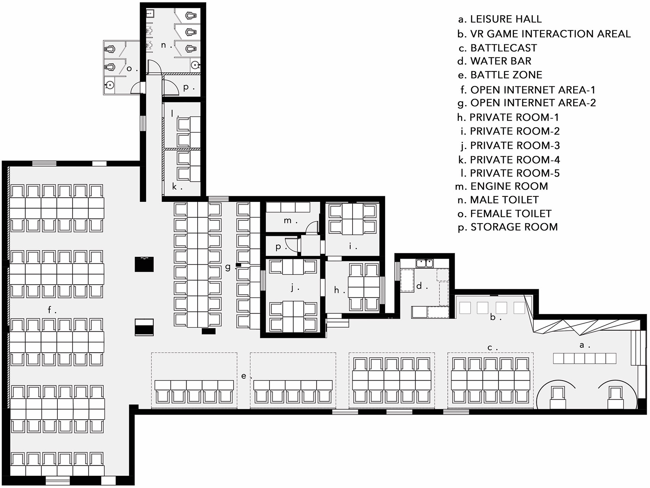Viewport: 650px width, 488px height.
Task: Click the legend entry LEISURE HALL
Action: pos(500,19)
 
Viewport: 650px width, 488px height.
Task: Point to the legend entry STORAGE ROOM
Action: pos(508,227)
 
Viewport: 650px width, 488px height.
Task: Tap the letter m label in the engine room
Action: pos(288,220)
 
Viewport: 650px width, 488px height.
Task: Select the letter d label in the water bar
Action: pos(420,285)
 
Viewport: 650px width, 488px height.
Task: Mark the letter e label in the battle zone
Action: pos(244,376)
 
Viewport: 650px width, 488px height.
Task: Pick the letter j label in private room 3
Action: pos(293,287)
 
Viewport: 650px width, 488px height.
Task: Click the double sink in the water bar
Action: pos(424,263)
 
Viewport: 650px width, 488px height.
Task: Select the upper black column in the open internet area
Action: pos(144,264)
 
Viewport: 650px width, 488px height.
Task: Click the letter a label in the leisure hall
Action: pos(582,345)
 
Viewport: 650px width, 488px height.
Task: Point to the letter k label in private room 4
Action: pos(174,186)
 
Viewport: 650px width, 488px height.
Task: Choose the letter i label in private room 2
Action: pos(351,246)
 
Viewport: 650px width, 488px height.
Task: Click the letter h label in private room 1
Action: pos(336,290)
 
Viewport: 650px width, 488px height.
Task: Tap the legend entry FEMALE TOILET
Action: pos(505,214)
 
